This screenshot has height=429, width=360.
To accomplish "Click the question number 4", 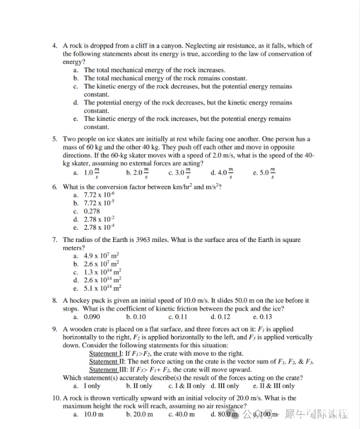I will (x=54, y=46).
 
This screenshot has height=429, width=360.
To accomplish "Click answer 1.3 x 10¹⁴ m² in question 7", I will (x=102, y=272).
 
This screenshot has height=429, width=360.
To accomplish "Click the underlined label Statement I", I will (x=103, y=353).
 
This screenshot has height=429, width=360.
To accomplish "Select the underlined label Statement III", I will (x=105, y=370).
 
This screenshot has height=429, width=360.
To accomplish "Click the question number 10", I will (x=56, y=398).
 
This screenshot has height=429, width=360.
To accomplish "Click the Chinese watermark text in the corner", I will (x=316, y=414).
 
